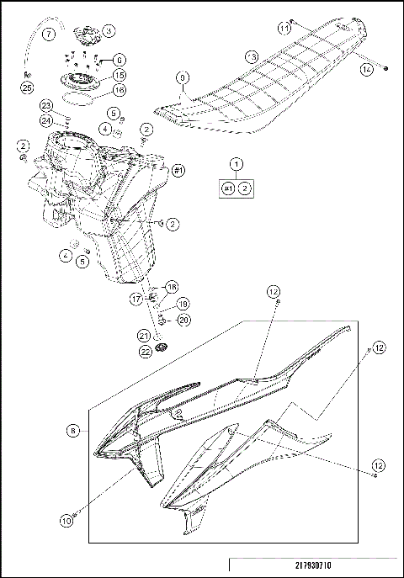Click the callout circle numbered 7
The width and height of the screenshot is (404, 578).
click(48, 34)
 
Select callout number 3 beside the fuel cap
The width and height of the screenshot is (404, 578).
click(109, 30)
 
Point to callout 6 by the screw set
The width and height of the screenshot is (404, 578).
click(119, 60)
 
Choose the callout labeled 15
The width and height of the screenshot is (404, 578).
click(119, 75)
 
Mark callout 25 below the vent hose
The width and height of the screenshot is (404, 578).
click(26, 87)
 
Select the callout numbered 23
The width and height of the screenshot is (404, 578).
click(45, 104)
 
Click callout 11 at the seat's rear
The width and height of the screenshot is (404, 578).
click(284, 29)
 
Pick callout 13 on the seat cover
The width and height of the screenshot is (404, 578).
click(251, 56)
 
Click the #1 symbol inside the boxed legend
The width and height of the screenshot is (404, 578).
click(227, 189)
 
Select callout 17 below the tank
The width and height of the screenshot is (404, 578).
click(136, 299)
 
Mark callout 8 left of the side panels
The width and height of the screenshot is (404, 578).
click(73, 430)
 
